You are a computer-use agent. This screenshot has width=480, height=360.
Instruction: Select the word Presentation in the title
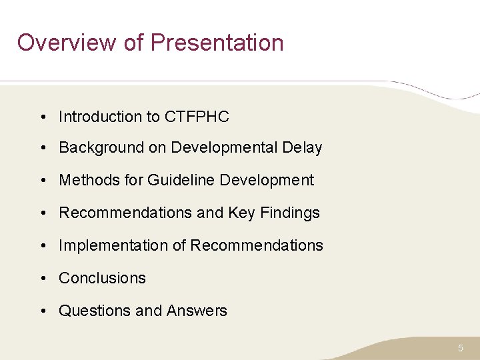pos(217,43)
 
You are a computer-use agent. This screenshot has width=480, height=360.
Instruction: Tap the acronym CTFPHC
pos(197,117)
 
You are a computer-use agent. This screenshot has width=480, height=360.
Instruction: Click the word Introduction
pos(99,117)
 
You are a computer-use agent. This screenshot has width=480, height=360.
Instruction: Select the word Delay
pos(303,148)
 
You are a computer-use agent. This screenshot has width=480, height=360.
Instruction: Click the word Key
pos(241,213)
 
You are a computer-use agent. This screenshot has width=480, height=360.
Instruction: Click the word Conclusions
pos(102,278)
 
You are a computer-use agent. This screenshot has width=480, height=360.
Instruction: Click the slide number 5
pos(461,348)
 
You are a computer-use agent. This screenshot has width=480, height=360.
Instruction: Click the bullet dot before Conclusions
pos(42,279)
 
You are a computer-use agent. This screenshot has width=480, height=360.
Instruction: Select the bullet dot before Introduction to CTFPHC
pos(42,117)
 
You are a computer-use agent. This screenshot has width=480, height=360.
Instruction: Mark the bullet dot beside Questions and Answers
pos(42,311)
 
